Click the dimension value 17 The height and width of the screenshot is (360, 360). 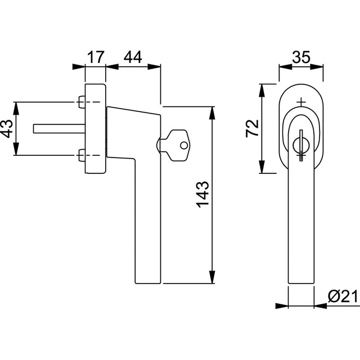(96, 57)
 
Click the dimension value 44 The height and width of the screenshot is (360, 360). (133, 57)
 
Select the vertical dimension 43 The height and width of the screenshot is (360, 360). (7, 129)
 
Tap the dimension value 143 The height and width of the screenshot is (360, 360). (203, 195)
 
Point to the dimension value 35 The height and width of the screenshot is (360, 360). (301, 57)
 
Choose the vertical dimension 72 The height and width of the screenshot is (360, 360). (252, 129)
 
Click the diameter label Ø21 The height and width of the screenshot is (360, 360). (343, 297)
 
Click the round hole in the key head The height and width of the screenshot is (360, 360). (184, 145)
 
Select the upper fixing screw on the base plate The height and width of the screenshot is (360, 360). (81, 102)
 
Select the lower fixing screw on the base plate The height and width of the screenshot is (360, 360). (81, 155)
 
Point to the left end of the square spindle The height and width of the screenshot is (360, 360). (34, 129)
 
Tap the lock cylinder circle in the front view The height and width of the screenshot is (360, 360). (301, 145)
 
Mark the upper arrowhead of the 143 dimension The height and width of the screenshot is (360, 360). (213, 113)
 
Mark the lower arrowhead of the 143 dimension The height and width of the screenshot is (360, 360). (213, 277)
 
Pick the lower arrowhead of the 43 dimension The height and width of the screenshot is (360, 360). (16, 148)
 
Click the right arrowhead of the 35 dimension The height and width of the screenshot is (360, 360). (317, 67)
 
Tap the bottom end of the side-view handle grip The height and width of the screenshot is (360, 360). (148, 283)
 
